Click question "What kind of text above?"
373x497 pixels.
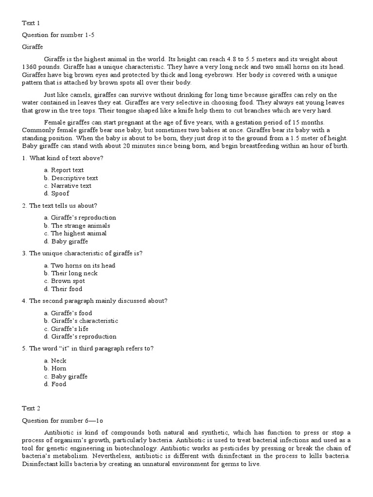67,158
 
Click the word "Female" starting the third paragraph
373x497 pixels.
54,122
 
